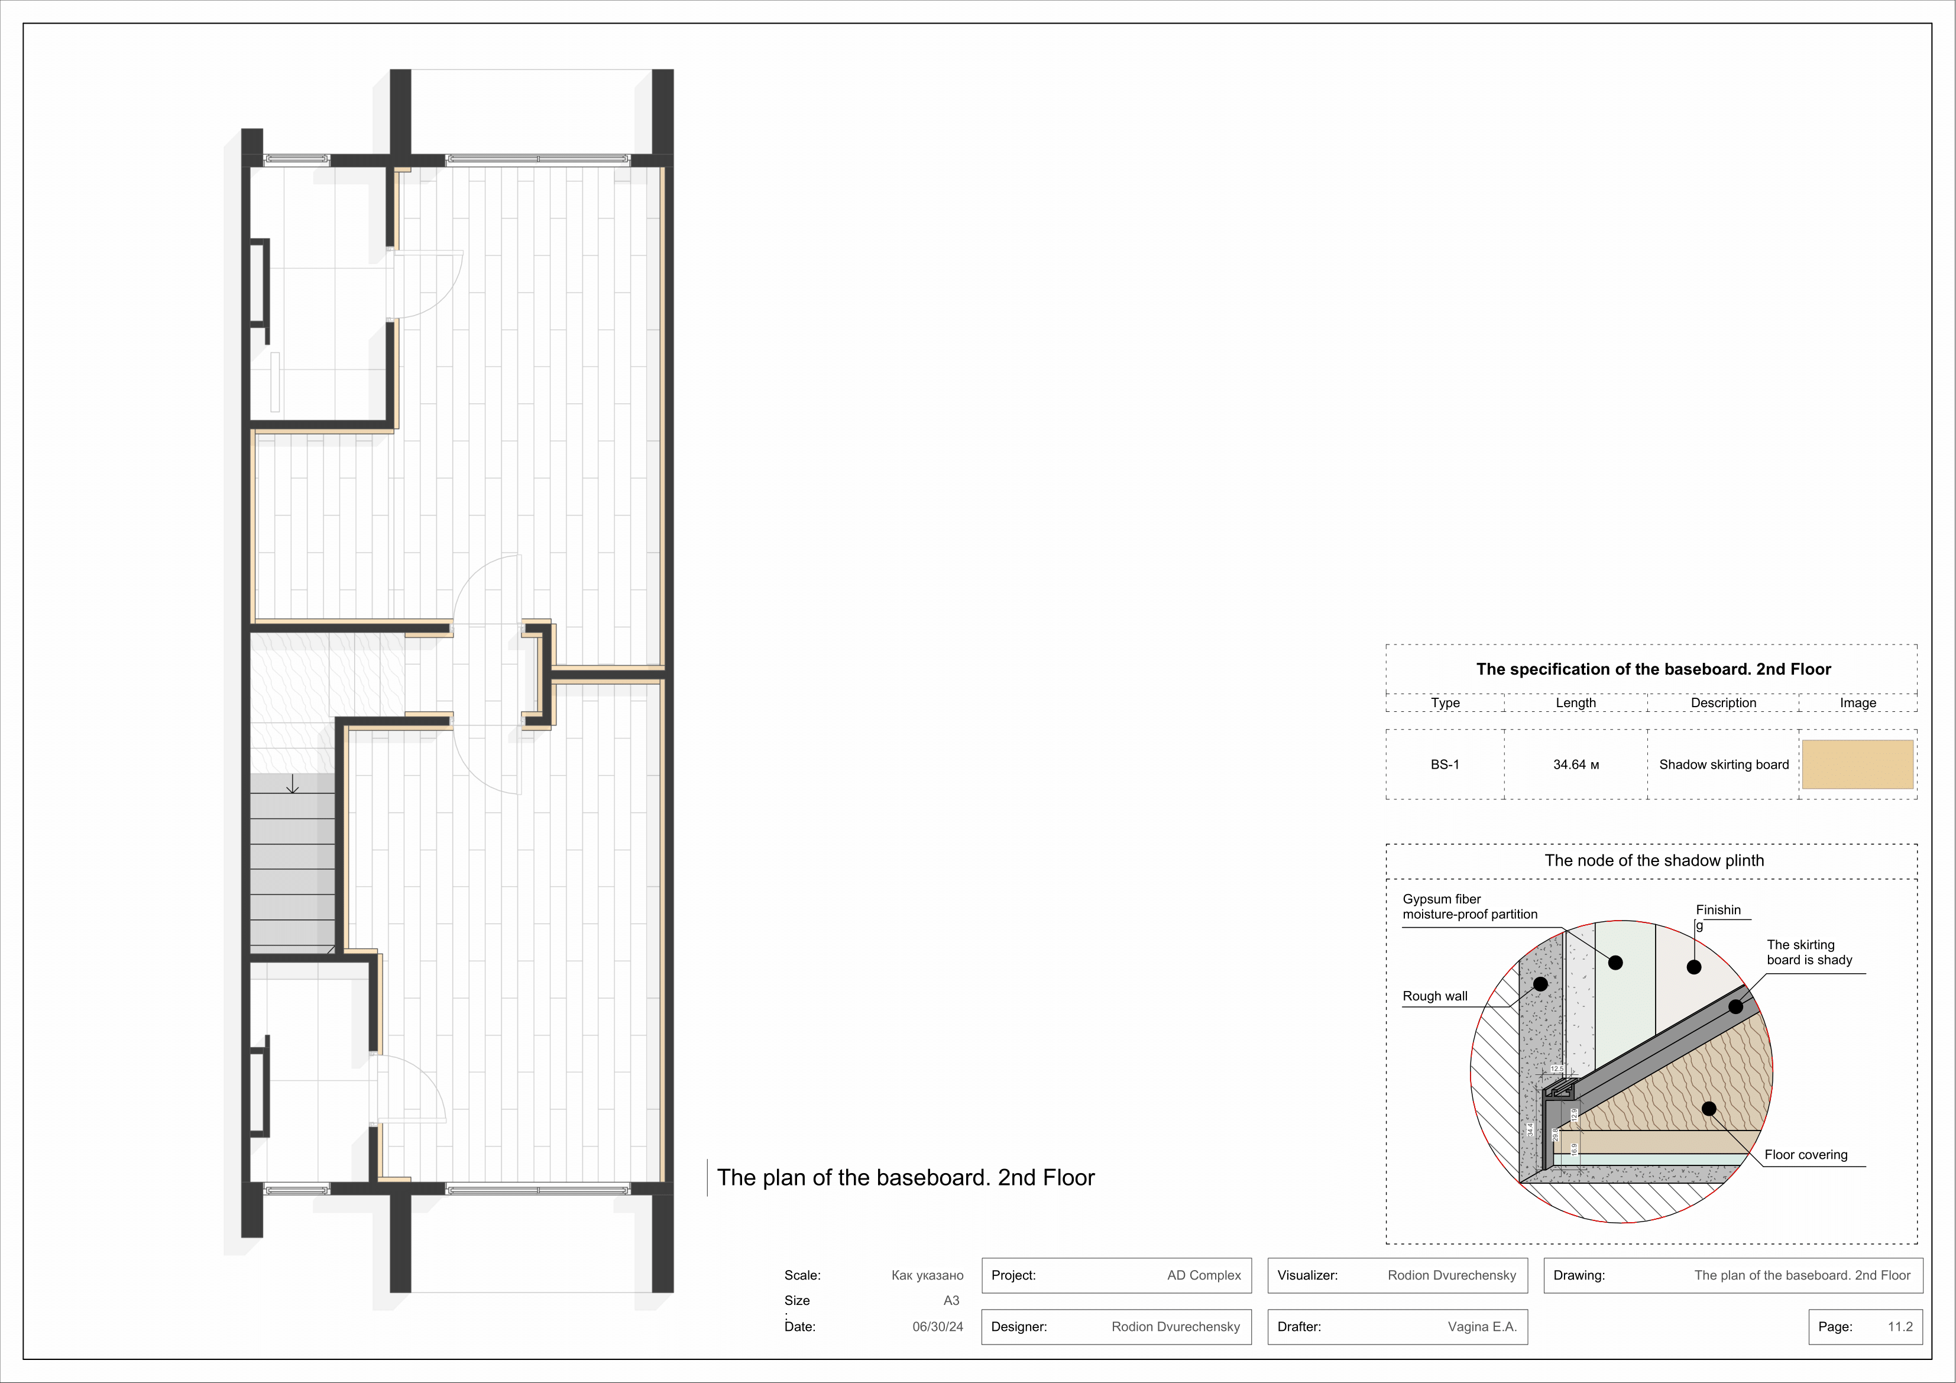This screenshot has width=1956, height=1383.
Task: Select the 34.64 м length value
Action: (x=1575, y=765)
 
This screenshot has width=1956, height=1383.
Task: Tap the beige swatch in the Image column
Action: (x=1857, y=765)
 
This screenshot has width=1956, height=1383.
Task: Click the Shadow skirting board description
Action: (x=1724, y=765)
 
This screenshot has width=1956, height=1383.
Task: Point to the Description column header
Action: (x=1722, y=703)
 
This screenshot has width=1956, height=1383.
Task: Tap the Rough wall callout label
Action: (x=1434, y=996)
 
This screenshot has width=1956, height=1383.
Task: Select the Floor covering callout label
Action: (x=1805, y=1155)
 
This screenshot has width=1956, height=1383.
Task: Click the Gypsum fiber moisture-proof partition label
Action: (x=1469, y=906)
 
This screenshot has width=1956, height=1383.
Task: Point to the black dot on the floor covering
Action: (x=1708, y=1109)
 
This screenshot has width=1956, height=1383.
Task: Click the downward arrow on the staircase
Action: (x=292, y=785)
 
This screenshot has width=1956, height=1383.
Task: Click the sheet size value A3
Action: (x=951, y=1300)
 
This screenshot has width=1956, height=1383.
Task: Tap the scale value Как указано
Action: (x=927, y=1275)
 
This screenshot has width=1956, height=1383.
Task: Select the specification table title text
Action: (x=1653, y=669)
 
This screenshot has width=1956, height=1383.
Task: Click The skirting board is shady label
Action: (x=1809, y=952)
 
